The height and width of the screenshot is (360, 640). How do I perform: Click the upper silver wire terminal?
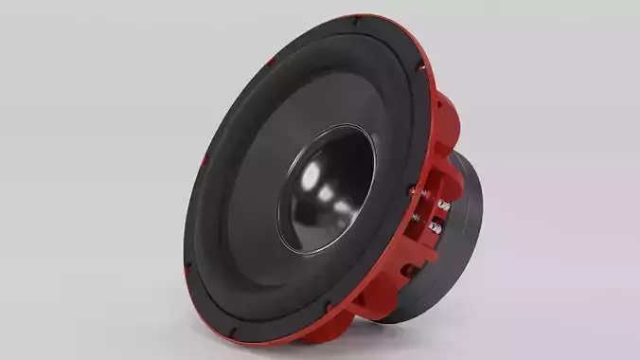pyautogui.click(x=443, y=204)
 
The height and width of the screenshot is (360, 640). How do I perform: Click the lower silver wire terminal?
pyautogui.click(x=436, y=227)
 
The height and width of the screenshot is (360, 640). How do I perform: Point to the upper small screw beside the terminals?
pyautogui.click(x=415, y=192)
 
